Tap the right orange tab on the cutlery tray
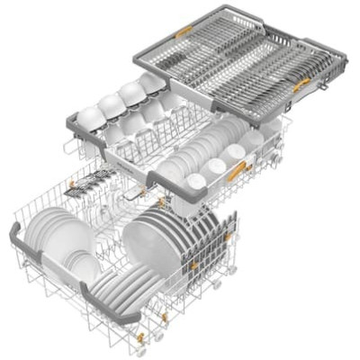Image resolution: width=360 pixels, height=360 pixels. [304, 84]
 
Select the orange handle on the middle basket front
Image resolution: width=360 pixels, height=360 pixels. [238, 169]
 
